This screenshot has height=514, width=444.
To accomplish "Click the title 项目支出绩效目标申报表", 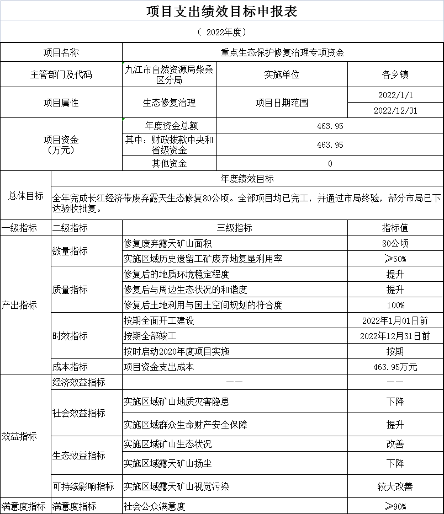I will pos(221,12).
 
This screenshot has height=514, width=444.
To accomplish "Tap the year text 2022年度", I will pos(221,33).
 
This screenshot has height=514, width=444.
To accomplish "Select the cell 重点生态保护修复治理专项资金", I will pos(282,53).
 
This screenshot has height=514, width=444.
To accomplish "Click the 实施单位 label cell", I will pos(282,74).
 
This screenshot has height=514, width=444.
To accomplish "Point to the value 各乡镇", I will pos(395,74).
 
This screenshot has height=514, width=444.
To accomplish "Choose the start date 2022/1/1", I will pos(395,95).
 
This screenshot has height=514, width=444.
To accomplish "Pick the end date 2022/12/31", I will pos(395,110).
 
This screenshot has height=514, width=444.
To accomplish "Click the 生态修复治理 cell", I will pos(169,103).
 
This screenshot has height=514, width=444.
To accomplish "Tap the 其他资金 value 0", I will pos(330,163).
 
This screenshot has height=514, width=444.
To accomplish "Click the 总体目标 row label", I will pos(25,196).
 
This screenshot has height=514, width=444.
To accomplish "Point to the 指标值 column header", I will pos(395,228).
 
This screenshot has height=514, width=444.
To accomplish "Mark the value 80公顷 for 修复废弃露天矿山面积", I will pos(395,243).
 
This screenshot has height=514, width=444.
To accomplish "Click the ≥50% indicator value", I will pos(395,259).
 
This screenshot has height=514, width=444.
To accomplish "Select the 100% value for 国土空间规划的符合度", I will pos(395,305).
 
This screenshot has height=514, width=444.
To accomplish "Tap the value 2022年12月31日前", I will pos(395,336).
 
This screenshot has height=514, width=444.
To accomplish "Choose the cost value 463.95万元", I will pos(395,367).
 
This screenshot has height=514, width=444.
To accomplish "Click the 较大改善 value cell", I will pos(395,486).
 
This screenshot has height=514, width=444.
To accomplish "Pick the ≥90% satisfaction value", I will pos(395,506).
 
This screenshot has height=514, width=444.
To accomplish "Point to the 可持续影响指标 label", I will pos(83,486).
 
